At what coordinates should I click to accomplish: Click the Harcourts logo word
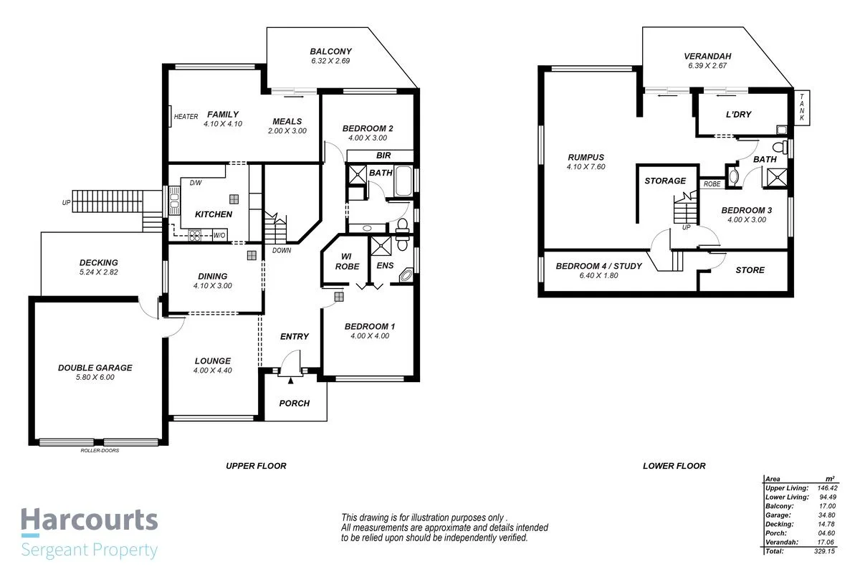(x=89, y=520)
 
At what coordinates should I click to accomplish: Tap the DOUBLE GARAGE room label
(x=95, y=368)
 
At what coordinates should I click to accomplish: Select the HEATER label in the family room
(x=186, y=117)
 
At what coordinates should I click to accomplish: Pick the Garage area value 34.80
(x=828, y=515)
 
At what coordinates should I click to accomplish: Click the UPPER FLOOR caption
(x=256, y=466)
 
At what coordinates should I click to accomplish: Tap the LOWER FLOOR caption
(x=674, y=466)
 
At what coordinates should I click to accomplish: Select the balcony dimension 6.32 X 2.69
(x=330, y=62)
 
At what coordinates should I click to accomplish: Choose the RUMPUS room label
(x=586, y=158)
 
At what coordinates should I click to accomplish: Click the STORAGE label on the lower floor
(x=665, y=181)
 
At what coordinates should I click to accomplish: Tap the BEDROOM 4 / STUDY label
(x=598, y=267)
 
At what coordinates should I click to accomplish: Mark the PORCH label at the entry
(x=295, y=404)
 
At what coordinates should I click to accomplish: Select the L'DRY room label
(x=737, y=115)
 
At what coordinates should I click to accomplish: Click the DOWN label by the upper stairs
(x=282, y=251)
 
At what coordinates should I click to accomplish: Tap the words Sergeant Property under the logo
(x=89, y=550)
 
